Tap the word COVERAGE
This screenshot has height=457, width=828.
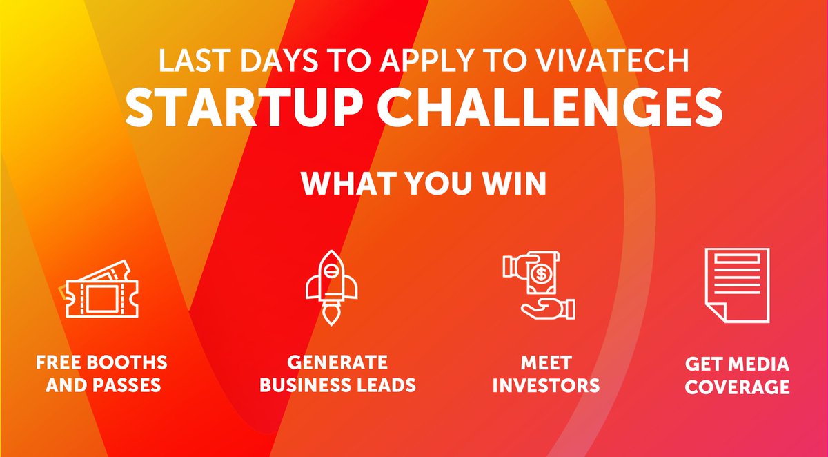[737, 387]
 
